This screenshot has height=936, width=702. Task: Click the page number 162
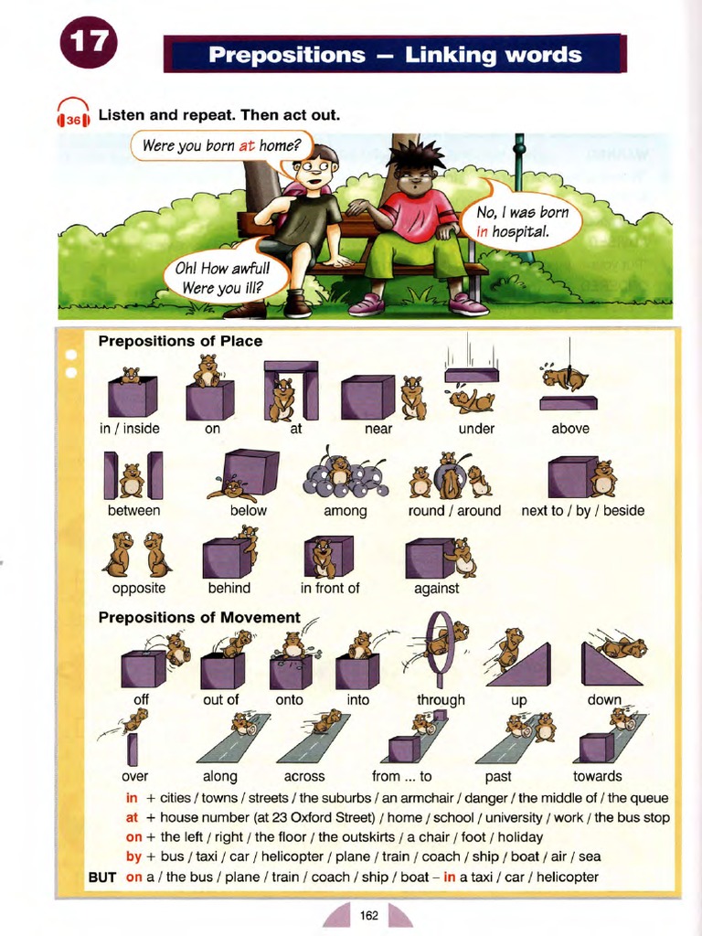[369, 915]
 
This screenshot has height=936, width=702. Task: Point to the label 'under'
[476, 429]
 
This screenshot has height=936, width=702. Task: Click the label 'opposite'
[138, 588]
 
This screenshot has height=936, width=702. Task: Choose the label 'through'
[441, 700]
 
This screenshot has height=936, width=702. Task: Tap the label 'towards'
[597, 776]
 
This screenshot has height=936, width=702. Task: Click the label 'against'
[436, 588]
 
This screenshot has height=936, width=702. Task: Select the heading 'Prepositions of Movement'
[199, 618]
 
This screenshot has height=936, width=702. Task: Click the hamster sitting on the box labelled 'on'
[207, 369]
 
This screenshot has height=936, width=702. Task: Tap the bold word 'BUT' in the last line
[102, 877]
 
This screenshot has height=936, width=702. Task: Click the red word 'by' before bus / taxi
[133, 856]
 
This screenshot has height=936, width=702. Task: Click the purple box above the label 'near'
[367, 398]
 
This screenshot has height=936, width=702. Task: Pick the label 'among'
[345, 510]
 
